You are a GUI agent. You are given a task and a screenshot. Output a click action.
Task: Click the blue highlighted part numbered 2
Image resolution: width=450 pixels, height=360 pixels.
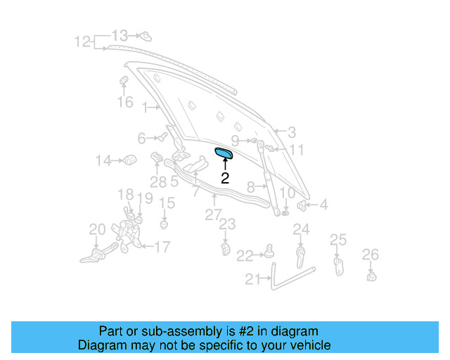pos(226,154)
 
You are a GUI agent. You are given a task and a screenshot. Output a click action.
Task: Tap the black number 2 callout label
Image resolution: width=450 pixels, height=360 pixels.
pos(225,179)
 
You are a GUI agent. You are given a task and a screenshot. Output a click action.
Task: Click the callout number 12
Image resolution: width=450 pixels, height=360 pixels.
pos(83,42)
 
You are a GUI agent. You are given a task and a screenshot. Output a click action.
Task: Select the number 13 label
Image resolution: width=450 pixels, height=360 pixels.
pos(120,35)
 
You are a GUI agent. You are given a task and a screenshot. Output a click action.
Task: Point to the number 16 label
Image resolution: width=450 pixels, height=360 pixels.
pos(124,103)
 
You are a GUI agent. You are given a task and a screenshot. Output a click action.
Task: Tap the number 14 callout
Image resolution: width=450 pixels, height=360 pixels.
pos(103,161)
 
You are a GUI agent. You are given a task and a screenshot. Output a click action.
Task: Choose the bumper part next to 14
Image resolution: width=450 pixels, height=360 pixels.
pos(129,160)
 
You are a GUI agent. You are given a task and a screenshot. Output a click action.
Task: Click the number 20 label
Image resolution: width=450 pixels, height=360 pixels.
pos(96,229)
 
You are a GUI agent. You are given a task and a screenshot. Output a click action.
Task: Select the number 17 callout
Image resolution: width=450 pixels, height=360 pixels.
pos(162,247)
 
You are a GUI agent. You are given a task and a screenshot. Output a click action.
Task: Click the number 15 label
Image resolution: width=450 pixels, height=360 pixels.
pos(166,204)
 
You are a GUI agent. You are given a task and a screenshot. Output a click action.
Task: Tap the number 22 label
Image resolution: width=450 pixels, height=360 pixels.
pos(244,255)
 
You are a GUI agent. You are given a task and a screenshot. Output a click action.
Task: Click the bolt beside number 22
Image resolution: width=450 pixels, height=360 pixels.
pos(268,251)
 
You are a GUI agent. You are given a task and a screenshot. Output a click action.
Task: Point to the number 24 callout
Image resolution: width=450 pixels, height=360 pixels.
pos(301,229)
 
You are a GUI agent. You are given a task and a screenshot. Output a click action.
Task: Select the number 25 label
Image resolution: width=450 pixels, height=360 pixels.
pos(338,240)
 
